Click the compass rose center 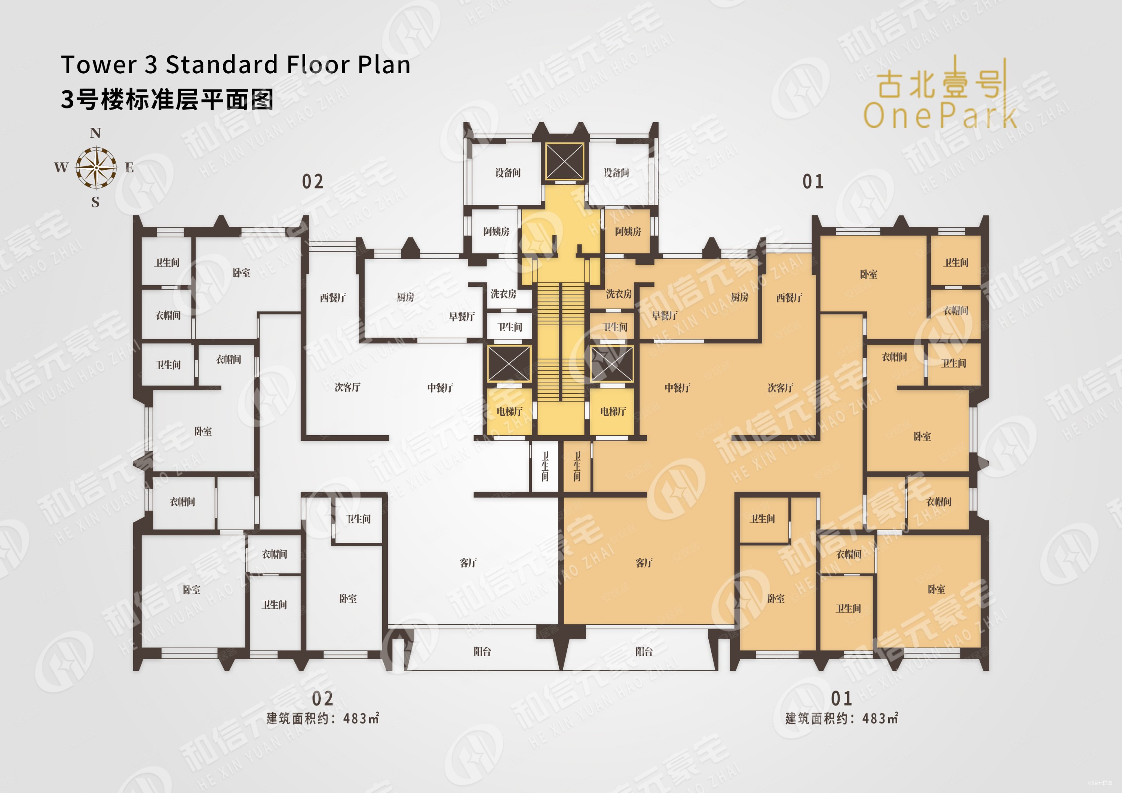(96, 167)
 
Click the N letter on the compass (95, 133)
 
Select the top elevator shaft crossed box (564, 162)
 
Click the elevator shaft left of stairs (509, 363)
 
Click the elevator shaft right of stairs (612, 363)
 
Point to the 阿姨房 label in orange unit (628, 231)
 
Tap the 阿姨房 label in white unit (496, 231)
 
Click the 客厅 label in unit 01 (644, 563)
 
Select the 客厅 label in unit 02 (467, 563)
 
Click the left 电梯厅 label (509, 411)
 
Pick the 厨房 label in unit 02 (405, 297)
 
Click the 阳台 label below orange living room (644, 651)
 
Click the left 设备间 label (508, 172)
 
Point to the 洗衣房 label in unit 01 (619, 293)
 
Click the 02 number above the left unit (312, 182)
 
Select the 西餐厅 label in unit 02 (333, 298)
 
